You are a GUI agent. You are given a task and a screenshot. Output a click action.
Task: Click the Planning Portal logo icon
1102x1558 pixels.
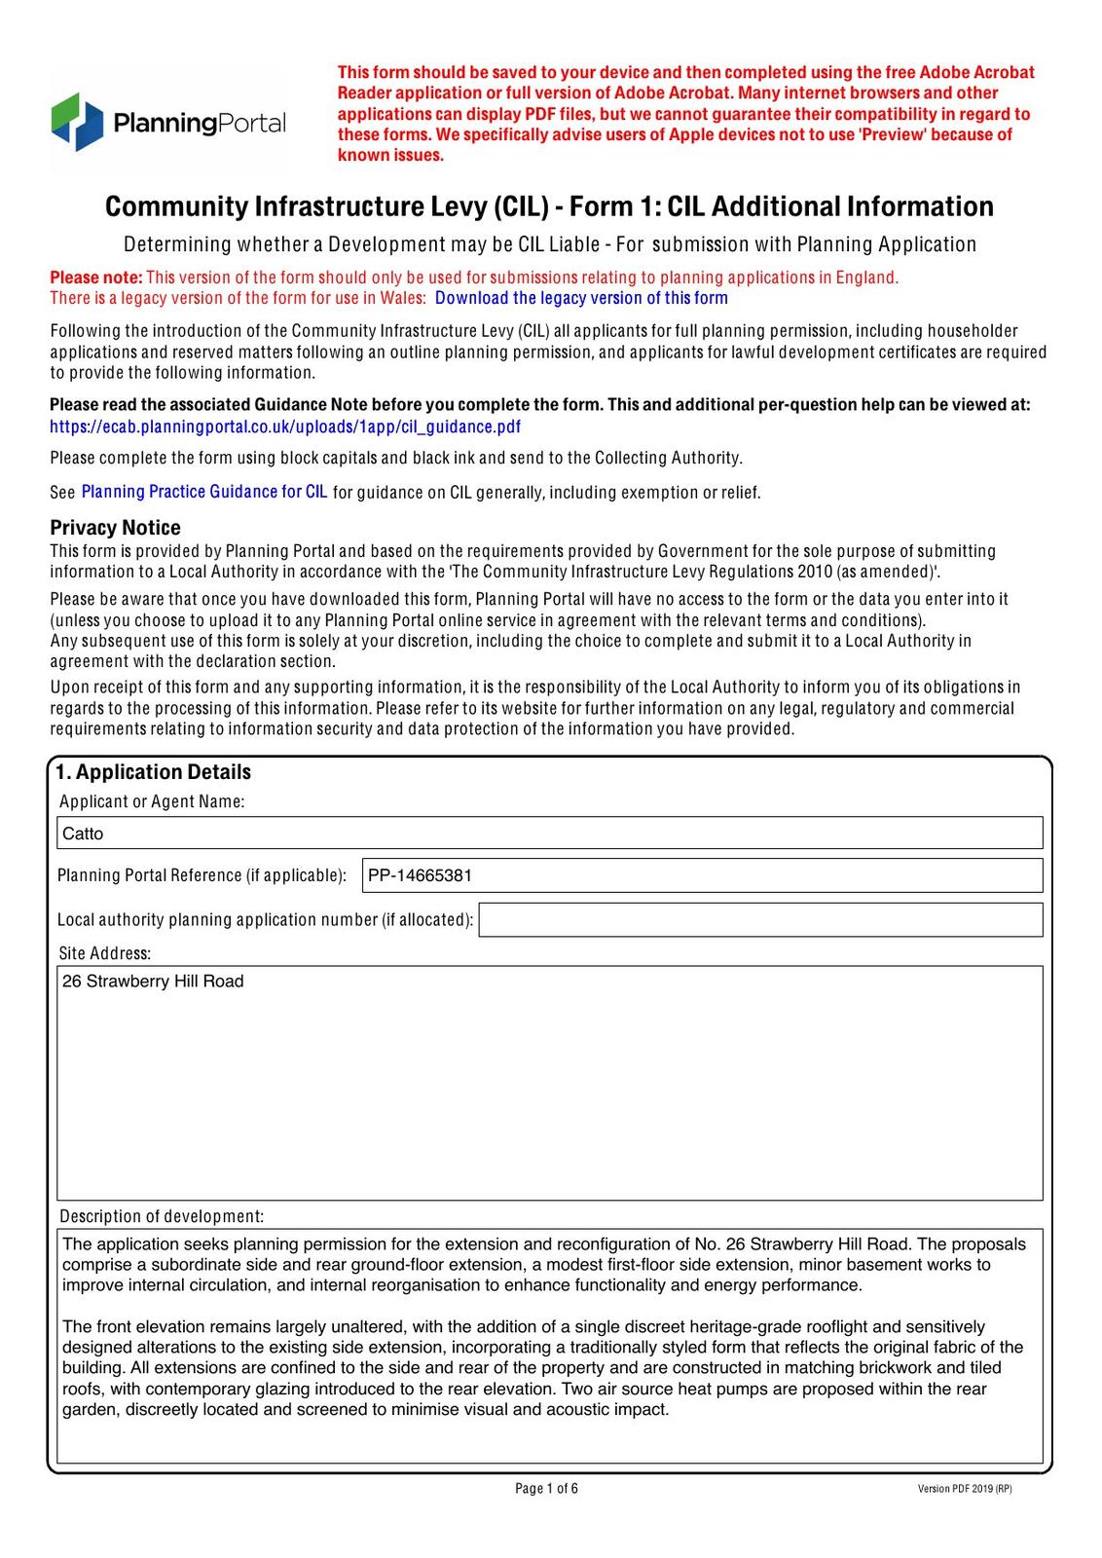(x=77, y=122)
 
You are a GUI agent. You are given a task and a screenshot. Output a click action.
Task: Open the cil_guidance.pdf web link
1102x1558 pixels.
(x=285, y=427)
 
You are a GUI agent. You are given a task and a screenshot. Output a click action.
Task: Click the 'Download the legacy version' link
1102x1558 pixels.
(x=581, y=298)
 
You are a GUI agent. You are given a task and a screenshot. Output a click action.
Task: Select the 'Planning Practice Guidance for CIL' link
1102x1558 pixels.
(x=204, y=492)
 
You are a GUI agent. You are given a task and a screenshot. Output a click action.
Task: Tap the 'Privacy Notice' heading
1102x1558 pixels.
(x=115, y=528)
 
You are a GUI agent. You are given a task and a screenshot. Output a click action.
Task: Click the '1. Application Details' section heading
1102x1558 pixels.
(x=153, y=772)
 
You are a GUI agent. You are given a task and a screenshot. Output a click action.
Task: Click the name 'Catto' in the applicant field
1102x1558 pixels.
(x=83, y=834)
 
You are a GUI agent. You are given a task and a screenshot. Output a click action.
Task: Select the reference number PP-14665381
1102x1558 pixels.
(x=420, y=875)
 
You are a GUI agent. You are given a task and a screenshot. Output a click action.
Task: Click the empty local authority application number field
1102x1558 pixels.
(x=760, y=919)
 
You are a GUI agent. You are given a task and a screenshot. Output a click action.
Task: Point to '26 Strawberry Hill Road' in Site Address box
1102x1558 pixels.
(x=153, y=982)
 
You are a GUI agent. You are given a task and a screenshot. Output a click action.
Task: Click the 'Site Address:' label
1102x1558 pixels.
(x=104, y=953)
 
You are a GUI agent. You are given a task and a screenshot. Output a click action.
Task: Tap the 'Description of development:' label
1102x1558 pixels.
(x=162, y=1216)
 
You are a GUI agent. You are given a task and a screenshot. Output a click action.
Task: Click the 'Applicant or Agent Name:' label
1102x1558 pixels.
(x=152, y=801)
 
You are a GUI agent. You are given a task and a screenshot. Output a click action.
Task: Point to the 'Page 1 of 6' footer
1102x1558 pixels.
(x=546, y=1488)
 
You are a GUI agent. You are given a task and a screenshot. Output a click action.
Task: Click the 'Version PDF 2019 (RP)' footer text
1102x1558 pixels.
(x=964, y=1489)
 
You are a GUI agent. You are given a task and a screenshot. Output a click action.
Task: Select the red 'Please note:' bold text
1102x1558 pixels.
(x=96, y=278)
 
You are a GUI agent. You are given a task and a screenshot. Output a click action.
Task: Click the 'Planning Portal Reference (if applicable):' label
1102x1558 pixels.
(x=202, y=875)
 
